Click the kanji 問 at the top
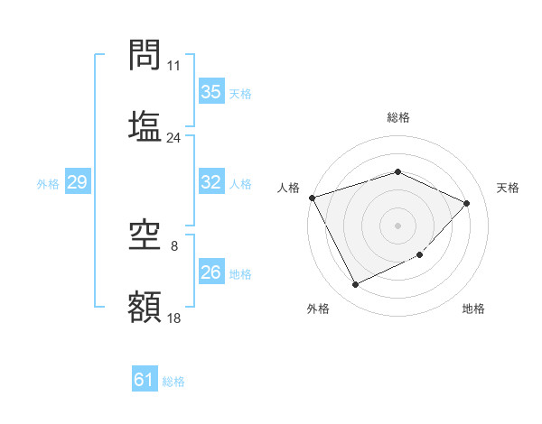(x=145, y=56)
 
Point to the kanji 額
(x=145, y=308)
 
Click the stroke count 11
(x=173, y=66)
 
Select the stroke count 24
(x=173, y=138)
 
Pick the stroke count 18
(x=173, y=318)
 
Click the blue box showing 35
(x=211, y=92)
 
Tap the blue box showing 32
(x=211, y=182)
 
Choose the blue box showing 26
(x=211, y=272)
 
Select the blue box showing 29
(x=78, y=182)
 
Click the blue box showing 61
(x=145, y=380)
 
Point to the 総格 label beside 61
(x=174, y=382)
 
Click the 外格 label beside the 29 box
(x=48, y=183)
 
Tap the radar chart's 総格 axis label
(x=398, y=117)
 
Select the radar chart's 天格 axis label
(x=509, y=188)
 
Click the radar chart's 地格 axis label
(x=473, y=309)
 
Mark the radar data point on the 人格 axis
(x=312, y=198)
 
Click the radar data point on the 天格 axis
(x=466, y=203)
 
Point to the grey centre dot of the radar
(x=398, y=226)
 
